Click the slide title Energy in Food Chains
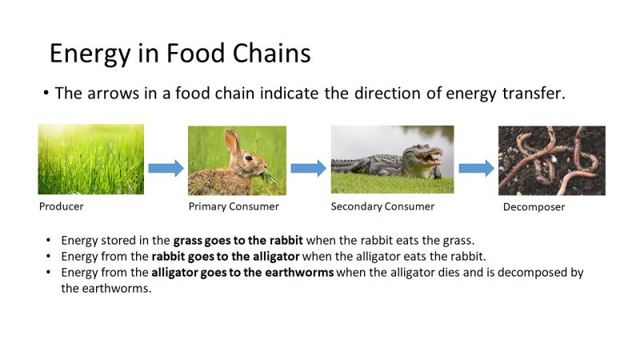180,53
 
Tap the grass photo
91,159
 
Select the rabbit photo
237,160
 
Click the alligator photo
392,159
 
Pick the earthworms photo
551,160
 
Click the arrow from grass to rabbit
166,168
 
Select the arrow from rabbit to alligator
308,168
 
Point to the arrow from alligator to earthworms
476,168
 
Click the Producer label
62,206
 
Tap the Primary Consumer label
234,206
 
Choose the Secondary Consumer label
382,206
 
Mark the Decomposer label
534,207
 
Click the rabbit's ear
232,142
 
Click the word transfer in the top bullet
535,93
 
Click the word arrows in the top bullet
110,93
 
